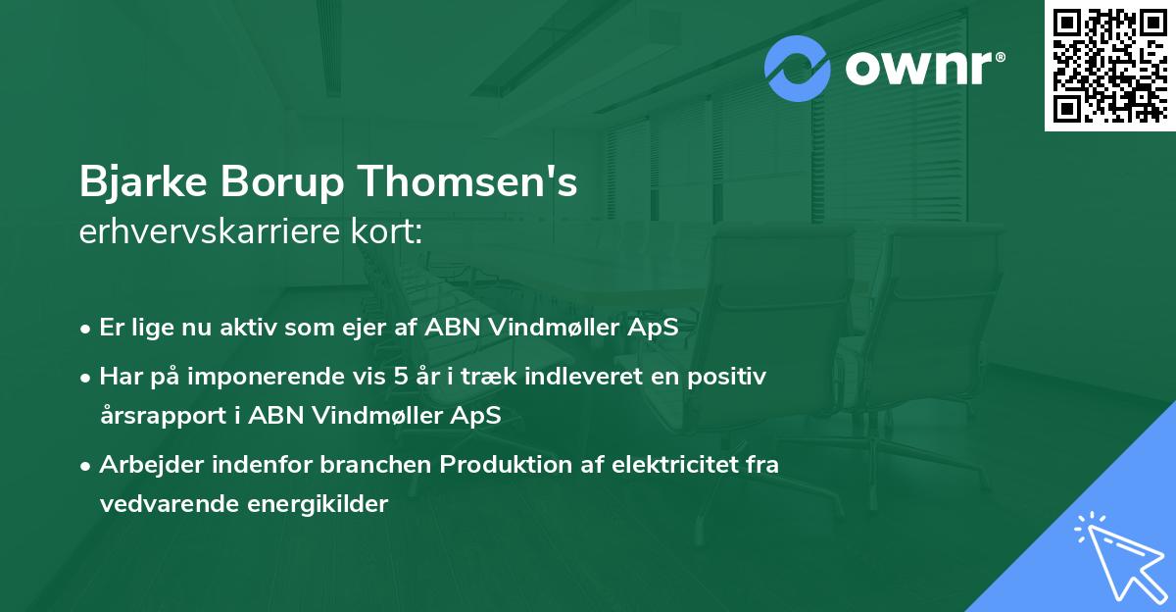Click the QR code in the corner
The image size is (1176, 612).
[x=1110, y=66]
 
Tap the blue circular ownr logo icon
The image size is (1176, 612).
[x=798, y=68]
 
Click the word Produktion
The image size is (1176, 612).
[x=504, y=464]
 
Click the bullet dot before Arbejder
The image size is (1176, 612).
[x=87, y=465]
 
